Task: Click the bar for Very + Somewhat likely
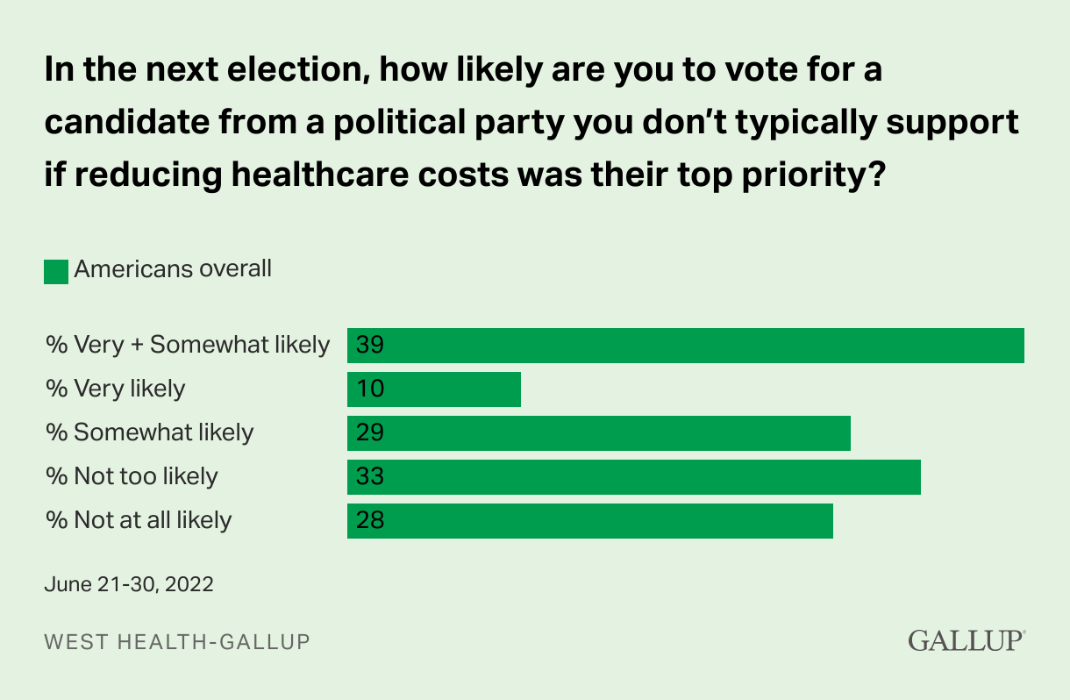[x=686, y=345]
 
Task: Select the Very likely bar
[x=434, y=389]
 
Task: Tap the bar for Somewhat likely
[x=599, y=432]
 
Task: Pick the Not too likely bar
[x=634, y=476]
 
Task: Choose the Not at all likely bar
[x=589, y=520]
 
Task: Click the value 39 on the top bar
[x=370, y=345]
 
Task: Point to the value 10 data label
[x=370, y=389]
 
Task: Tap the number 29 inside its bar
[x=370, y=432]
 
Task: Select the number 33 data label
[x=370, y=476]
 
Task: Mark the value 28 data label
[x=370, y=520]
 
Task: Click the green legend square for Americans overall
[x=56, y=271]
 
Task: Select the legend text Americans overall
[x=173, y=269]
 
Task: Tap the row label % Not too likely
[x=132, y=476]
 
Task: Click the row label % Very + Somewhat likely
[x=188, y=345]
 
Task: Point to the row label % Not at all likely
[x=139, y=520]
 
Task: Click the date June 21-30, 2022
[x=129, y=584]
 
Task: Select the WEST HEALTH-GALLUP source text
[x=177, y=642]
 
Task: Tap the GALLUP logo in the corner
[x=966, y=640]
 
